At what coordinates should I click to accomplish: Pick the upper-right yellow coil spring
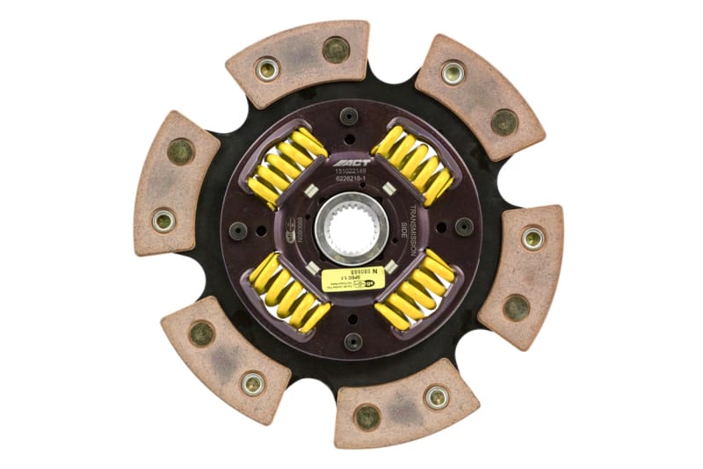[413, 165]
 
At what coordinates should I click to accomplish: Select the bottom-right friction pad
[405, 400]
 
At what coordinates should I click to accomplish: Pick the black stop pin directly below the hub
[352, 340]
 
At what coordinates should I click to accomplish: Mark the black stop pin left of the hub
[238, 231]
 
